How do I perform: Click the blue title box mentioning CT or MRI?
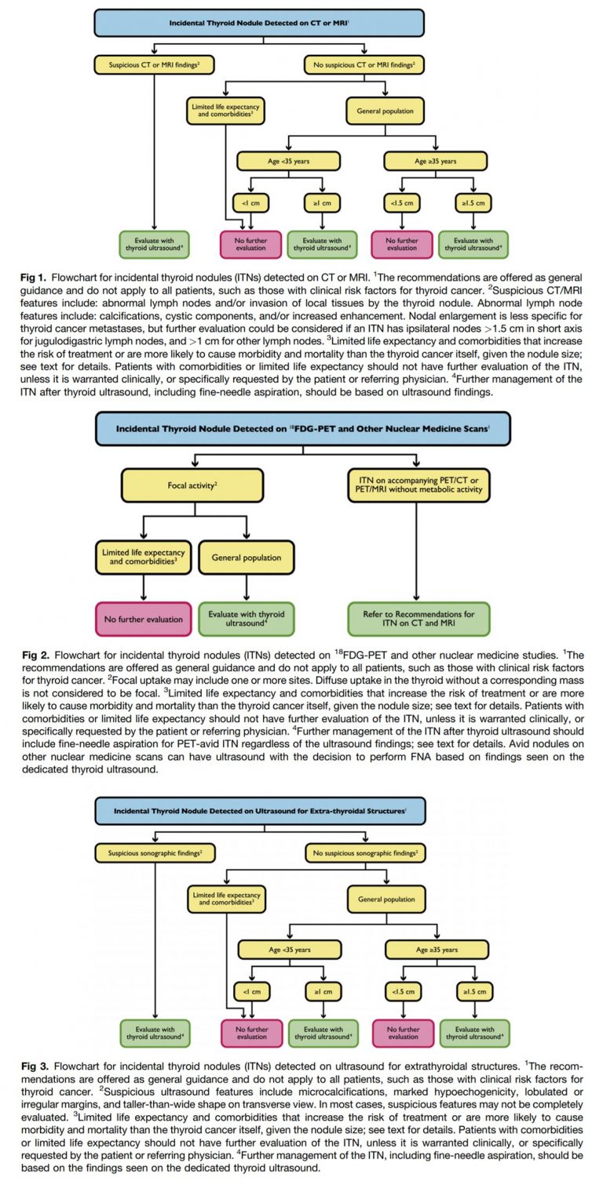[259, 23]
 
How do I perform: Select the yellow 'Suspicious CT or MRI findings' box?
[155, 64]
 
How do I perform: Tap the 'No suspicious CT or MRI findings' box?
[364, 64]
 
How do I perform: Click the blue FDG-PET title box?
[302, 429]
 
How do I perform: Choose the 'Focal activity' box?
[192, 485]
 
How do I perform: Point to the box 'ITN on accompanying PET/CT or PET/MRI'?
[418, 485]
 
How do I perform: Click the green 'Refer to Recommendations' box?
[418, 619]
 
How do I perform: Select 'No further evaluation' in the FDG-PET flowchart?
[144, 619]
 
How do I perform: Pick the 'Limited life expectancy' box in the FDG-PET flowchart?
[144, 558]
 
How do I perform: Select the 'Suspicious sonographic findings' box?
[155, 851]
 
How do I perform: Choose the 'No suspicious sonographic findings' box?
[364, 851]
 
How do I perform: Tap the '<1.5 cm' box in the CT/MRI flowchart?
[403, 203]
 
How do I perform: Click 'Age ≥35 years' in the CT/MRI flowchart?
[436, 161]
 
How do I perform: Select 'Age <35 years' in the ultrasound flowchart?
[290, 949]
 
